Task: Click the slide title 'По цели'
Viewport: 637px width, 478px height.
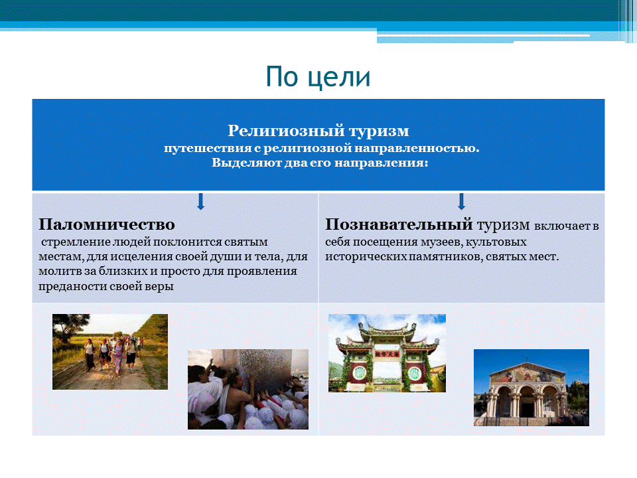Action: click(x=318, y=76)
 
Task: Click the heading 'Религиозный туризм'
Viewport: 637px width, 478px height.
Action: click(x=318, y=131)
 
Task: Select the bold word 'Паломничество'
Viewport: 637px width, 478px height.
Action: click(x=107, y=223)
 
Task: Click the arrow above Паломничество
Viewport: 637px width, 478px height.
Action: click(x=200, y=201)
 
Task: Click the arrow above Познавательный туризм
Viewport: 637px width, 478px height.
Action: click(x=461, y=201)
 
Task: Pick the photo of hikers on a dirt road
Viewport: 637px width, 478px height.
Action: click(x=110, y=351)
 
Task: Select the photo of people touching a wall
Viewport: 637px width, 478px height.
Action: click(x=248, y=389)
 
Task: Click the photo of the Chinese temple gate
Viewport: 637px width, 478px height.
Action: click(x=387, y=353)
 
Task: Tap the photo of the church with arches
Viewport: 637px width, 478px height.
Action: click(x=531, y=388)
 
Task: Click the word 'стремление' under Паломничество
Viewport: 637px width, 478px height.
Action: click(x=70, y=242)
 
